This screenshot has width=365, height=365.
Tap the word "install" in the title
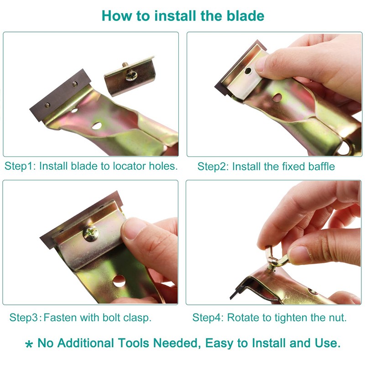click(173, 16)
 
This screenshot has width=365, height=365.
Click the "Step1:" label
click(20, 166)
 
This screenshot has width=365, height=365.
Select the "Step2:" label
click(213, 167)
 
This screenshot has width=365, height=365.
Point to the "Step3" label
click(24, 317)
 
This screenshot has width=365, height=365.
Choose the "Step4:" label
click(208, 317)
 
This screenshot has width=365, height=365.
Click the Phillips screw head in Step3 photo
click(90, 234)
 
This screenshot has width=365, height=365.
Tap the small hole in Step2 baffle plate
click(247, 71)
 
